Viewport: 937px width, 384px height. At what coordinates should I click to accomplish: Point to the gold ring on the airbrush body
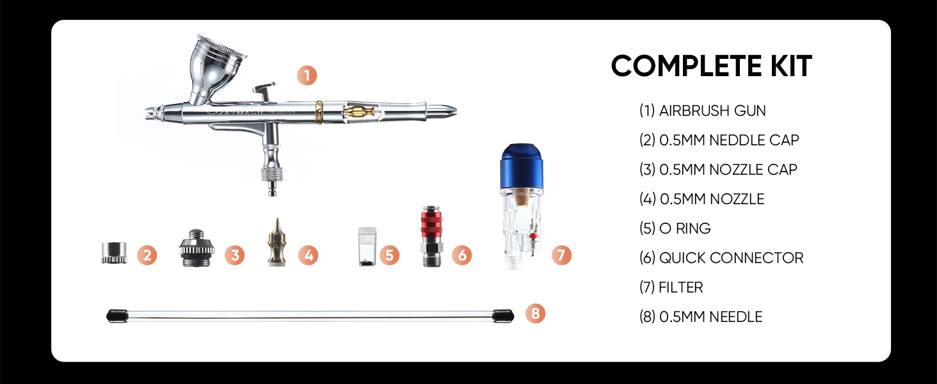click(x=319, y=112)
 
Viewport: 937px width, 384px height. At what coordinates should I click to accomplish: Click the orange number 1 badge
click(x=307, y=76)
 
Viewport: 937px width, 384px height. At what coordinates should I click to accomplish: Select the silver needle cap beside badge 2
click(x=114, y=253)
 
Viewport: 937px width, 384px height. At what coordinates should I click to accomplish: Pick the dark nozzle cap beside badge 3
click(x=196, y=248)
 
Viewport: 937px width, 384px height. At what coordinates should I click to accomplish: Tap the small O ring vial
click(x=367, y=247)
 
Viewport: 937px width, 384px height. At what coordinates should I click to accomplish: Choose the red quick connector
click(x=431, y=236)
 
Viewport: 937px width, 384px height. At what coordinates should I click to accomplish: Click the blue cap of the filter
click(x=522, y=166)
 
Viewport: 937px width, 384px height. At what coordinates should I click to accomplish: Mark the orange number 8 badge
click(x=536, y=314)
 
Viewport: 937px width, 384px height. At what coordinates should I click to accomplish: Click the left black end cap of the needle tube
click(x=117, y=316)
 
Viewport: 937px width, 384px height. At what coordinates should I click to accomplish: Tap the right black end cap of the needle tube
click(x=503, y=316)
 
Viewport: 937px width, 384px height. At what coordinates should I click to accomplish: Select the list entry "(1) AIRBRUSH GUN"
click(x=702, y=111)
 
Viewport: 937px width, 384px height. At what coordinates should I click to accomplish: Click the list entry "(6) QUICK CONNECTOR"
click(x=721, y=258)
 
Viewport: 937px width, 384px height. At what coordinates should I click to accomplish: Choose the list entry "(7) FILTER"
click(x=671, y=287)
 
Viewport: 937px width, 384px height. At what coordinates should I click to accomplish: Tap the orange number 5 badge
click(x=389, y=255)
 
